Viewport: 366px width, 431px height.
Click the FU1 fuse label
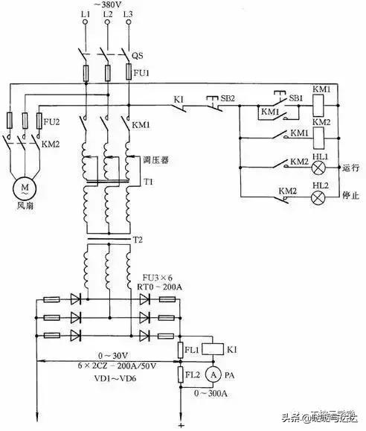point(141,74)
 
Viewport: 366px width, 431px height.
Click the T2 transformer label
point(138,240)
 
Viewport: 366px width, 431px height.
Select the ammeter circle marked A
point(212,374)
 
